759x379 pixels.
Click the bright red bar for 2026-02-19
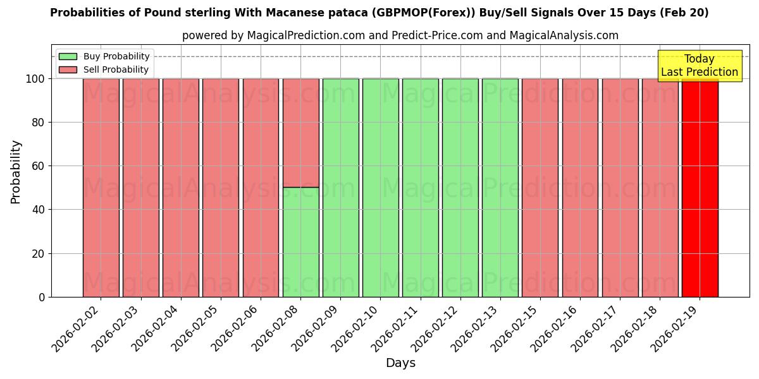(700, 188)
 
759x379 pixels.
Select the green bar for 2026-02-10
(380, 188)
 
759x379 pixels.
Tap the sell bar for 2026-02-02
(101, 188)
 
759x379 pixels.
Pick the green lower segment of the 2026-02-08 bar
(300, 242)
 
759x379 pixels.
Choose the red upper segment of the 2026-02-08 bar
(300, 133)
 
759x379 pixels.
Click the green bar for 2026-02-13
(500, 188)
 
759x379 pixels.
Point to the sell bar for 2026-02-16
(580, 188)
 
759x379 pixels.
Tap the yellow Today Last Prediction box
(699, 66)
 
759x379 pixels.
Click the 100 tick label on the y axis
(35, 79)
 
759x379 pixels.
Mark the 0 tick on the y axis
(42, 297)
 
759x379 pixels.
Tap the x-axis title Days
(400, 363)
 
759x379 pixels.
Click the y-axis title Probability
(16, 172)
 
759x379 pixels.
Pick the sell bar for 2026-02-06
(261, 188)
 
